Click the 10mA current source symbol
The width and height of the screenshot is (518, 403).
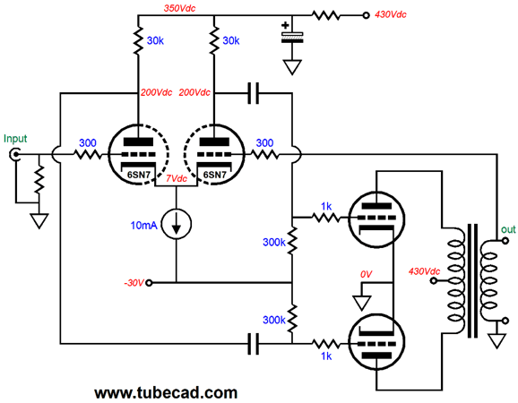click(x=177, y=225)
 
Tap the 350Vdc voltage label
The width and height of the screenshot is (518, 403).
click(x=180, y=8)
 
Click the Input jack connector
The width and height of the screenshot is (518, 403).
click(x=15, y=154)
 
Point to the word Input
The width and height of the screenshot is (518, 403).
click(x=15, y=139)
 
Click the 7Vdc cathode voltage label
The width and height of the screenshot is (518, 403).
click(x=177, y=178)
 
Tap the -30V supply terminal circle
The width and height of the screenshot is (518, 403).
click(x=149, y=282)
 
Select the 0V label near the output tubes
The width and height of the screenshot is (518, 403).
click(x=366, y=274)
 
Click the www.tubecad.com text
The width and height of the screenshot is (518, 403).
click(x=166, y=393)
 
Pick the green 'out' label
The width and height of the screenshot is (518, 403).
click(x=508, y=229)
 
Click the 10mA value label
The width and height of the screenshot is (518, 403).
click(x=143, y=226)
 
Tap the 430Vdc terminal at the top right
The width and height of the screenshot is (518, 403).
click(x=366, y=15)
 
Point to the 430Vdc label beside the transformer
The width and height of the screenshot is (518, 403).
click(x=424, y=271)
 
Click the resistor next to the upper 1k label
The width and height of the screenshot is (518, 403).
click(x=325, y=218)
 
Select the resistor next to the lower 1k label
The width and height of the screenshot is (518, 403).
click(x=325, y=344)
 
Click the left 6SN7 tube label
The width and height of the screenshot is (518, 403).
click(x=139, y=175)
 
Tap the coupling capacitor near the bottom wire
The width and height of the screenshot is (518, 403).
click(x=253, y=344)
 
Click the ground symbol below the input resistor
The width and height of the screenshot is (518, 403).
click(x=39, y=221)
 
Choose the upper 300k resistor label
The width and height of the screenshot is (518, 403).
click(x=274, y=243)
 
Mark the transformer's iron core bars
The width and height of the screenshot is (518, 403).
click(x=472, y=281)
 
